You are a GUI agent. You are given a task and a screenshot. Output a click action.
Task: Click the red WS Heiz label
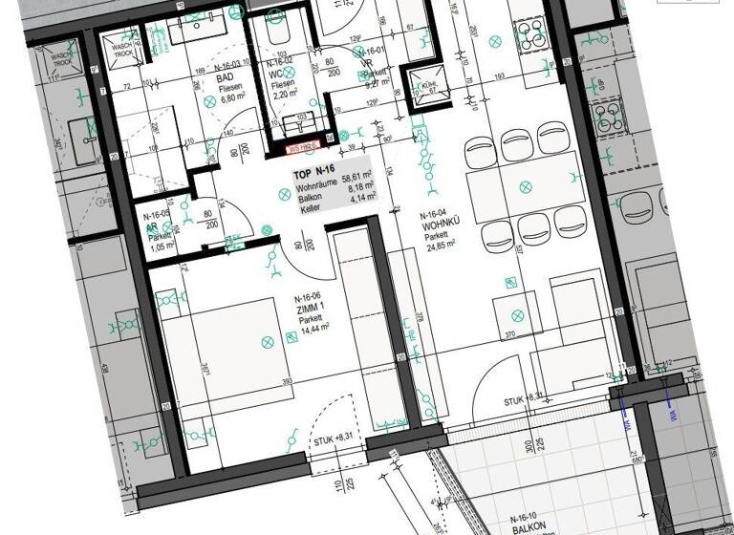(304, 148)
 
